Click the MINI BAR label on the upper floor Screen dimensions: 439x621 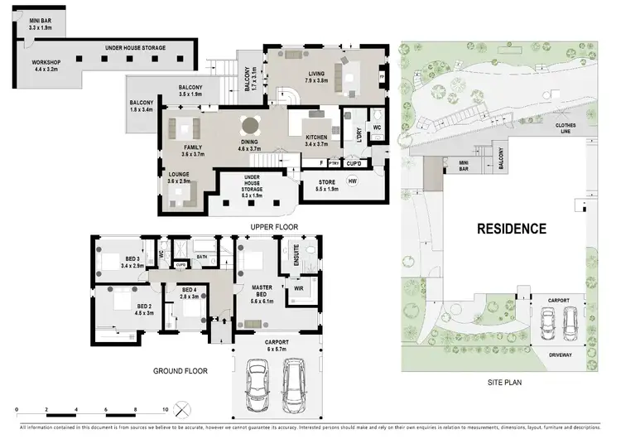(x=41, y=21)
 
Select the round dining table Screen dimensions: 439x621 (x=249, y=126)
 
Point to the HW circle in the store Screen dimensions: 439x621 (x=352, y=181)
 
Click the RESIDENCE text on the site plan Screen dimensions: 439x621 (x=510, y=229)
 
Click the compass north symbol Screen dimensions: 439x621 (x=184, y=409)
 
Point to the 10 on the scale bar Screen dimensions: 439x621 (x=165, y=410)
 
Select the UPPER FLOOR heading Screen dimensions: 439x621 (x=275, y=226)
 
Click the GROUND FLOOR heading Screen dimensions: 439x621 (x=179, y=371)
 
